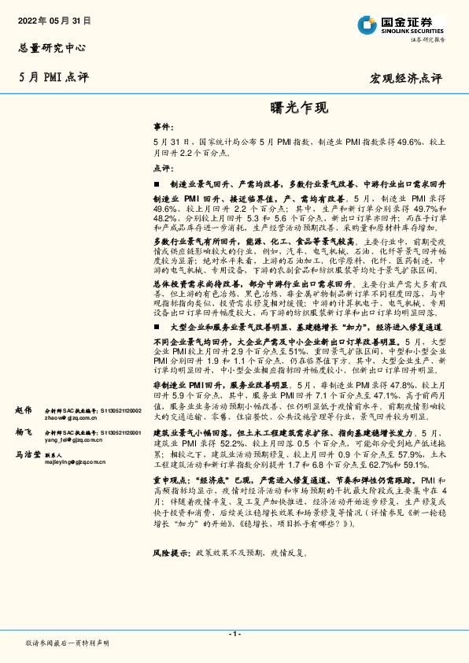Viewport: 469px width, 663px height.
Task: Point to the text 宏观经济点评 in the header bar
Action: [406, 79]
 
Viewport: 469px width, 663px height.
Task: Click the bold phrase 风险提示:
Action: [172, 554]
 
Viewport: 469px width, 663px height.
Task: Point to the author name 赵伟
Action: [24, 410]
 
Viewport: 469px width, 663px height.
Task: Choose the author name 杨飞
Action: [24, 433]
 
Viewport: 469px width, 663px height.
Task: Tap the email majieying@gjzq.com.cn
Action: [75, 463]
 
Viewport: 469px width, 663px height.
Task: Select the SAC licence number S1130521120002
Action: [118, 410]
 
